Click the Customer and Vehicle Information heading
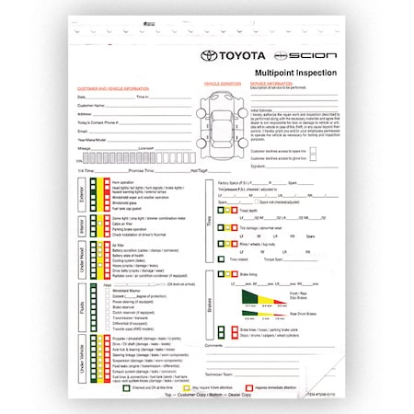tap(111, 89)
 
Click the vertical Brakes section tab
tap(211, 309)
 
